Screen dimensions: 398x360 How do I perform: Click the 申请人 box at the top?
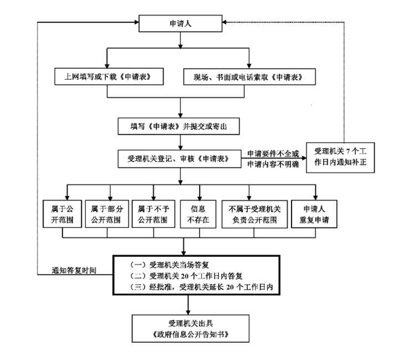click(x=180, y=23)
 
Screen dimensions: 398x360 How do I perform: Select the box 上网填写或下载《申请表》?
click(x=109, y=77)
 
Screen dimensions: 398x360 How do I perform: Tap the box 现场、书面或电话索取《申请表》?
click(x=249, y=77)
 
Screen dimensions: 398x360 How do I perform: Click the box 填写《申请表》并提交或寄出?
click(x=178, y=126)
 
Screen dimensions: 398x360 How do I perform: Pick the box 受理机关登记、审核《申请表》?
click(x=180, y=159)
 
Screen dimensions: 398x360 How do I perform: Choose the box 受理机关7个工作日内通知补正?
click(x=340, y=158)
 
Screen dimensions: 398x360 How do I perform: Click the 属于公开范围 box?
click(x=62, y=214)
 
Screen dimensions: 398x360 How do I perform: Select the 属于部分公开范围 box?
click(x=107, y=214)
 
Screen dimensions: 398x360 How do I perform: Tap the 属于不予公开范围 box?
click(x=154, y=214)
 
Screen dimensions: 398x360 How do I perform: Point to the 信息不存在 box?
click(x=198, y=214)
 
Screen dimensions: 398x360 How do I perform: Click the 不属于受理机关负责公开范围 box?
click(x=254, y=214)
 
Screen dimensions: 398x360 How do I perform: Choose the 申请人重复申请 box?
click(x=314, y=214)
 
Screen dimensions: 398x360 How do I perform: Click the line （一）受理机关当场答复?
click(x=169, y=265)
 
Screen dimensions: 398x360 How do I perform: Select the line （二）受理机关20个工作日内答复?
click(x=186, y=276)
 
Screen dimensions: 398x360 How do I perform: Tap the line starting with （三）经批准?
click(x=201, y=287)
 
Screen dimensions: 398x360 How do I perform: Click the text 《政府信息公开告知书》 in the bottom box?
click(x=190, y=334)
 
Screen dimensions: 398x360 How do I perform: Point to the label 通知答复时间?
click(x=74, y=270)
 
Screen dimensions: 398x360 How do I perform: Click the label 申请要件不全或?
click(x=273, y=154)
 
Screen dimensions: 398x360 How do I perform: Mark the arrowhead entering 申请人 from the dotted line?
click(x=224, y=22)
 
